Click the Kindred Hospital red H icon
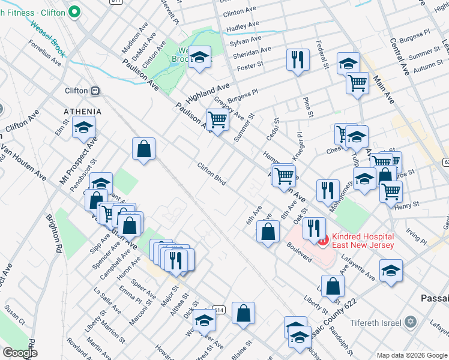(323, 241)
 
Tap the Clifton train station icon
(95, 91)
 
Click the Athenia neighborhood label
(83, 112)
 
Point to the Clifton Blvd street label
(211, 173)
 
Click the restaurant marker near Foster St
(298, 59)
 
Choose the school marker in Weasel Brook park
(199, 57)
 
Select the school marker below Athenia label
(84, 127)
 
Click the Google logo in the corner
(19, 353)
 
